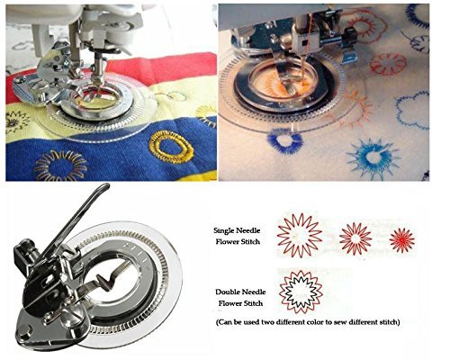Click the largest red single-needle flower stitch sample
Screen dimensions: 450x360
[300, 235]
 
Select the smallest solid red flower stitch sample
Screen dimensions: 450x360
[402, 240]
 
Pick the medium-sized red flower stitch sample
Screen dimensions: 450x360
[355, 238]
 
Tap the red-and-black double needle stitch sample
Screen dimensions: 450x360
[301, 292]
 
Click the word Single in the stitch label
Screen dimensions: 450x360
[224, 230]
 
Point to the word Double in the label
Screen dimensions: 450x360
[228, 292]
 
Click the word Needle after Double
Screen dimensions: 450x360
[254, 292]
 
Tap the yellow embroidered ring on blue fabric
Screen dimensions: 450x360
[171, 147]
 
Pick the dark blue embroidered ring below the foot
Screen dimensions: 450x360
[285, 140]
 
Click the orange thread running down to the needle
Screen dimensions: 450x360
[307, 51]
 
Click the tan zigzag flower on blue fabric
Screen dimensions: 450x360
[61, 166]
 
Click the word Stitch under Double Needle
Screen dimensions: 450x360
[252, 303]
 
